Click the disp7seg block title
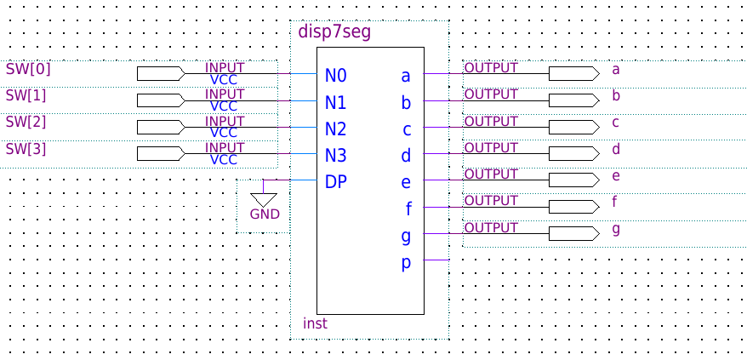(334, 32)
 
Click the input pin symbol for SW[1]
(161, 100)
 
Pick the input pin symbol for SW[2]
(161, 128)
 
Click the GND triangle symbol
(264, 200)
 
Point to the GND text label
(265, 214)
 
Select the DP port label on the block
(336, 181)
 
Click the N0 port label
(336, 76)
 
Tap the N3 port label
(336, 156)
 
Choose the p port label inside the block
(406, 264)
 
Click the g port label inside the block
(406, 237)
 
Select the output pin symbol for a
(574, 73)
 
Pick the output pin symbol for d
(574, 153)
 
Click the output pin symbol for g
(574, 234)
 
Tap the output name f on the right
(614, 203)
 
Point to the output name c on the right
(615, 123)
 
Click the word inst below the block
(316, 323)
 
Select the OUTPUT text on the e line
(491, 174)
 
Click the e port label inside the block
(406, 183)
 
